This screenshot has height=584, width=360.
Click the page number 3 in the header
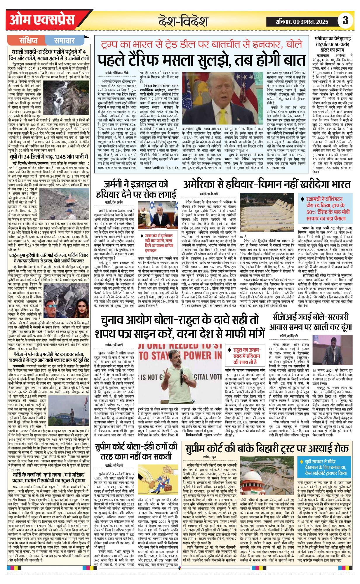point(345,20)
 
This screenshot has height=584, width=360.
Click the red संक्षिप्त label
point(28,40)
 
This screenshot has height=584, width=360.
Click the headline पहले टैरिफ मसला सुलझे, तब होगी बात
point(201,60)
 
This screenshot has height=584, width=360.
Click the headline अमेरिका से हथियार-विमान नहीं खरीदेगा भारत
point(267,185)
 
